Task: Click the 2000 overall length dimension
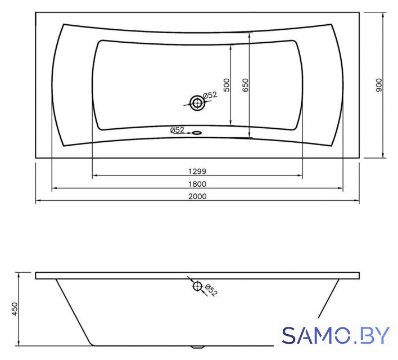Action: click(x=197, y=196)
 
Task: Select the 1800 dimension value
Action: click(x=197, y=184)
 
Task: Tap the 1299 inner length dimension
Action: click(x=197, y=172)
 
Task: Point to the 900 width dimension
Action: click(x=379, y=85)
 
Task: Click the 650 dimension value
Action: click(x=246, y=85)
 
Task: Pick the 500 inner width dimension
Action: click(x=227, y=85)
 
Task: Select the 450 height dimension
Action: click(x=15, y=309)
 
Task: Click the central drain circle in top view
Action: click(x=197, y=103)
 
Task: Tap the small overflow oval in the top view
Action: click(x=197, y=132)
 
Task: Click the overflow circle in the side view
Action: click(x=197, y=286)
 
